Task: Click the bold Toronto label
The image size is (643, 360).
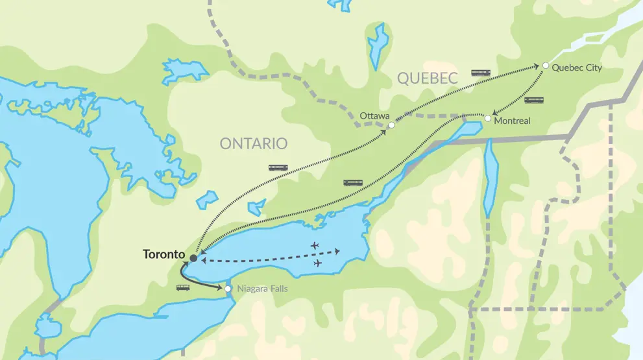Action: click(x=164, y=254)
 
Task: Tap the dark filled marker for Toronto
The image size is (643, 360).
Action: click(x=193, y=258)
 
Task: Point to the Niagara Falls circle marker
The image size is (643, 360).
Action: click(x=227, y=289)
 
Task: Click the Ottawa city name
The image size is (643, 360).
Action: click(x=375, y=116)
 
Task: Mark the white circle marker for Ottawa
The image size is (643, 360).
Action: click(x=391, y=125)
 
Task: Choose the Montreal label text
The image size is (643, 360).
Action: click(x=512, y=121)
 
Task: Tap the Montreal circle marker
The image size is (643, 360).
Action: click(x=488, y=118)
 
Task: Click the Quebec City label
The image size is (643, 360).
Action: click(x=577, y=67)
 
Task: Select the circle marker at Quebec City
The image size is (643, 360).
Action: click(x=546, y=66)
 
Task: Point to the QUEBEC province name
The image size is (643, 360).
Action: click(x=424, y=78)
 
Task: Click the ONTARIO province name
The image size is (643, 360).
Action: click(x=253, y=143)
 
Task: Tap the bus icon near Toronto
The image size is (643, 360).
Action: click(x=182, y=287)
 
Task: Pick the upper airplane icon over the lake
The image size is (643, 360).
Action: click(x=315, y=245)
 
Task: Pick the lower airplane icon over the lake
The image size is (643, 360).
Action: click(x=317, y=263)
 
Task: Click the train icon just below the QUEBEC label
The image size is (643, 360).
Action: click(x=481, y=73)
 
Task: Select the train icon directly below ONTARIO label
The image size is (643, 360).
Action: click(x=278, y=168)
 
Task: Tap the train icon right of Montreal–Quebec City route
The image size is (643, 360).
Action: click(x=533, y=100)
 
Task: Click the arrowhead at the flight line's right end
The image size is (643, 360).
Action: click(x=337, y=252)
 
